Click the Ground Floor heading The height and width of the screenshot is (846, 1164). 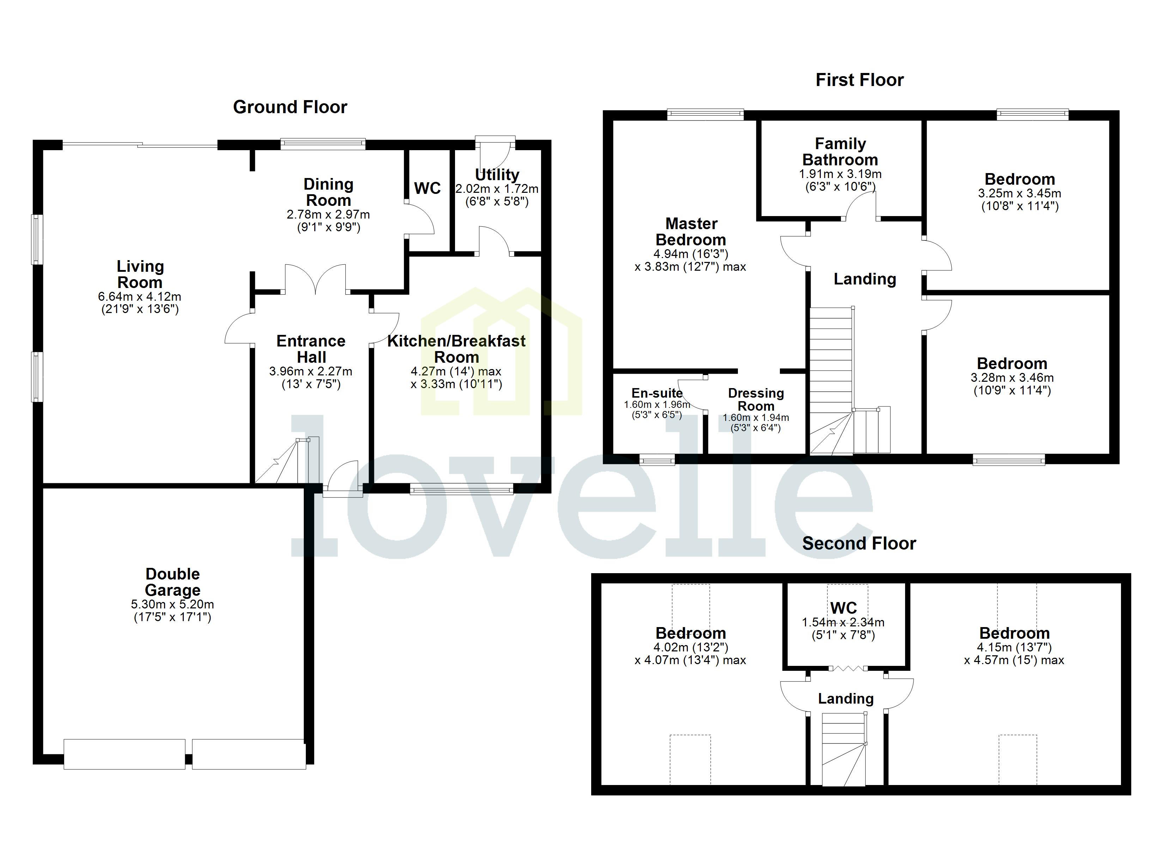click(290, 107)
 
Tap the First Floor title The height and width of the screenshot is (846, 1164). click(859, 80)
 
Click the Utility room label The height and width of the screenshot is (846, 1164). click(497, 174)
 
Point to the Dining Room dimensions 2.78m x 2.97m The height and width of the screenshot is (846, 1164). click(328, 214)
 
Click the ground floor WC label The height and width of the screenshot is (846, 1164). click(427, 188)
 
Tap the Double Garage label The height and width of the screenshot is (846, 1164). click(172, 582)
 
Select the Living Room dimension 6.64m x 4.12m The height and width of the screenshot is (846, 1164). click(140, 296)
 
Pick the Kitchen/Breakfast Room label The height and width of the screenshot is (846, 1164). click(456, 349)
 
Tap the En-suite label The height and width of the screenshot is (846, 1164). click(657, 393)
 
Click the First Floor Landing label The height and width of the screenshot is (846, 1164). click(865, 279)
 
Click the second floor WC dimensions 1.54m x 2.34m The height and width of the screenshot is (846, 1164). click(843, 622)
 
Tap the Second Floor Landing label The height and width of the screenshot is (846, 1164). click(846, 699)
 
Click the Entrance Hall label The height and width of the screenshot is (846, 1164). click(311, 349)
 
